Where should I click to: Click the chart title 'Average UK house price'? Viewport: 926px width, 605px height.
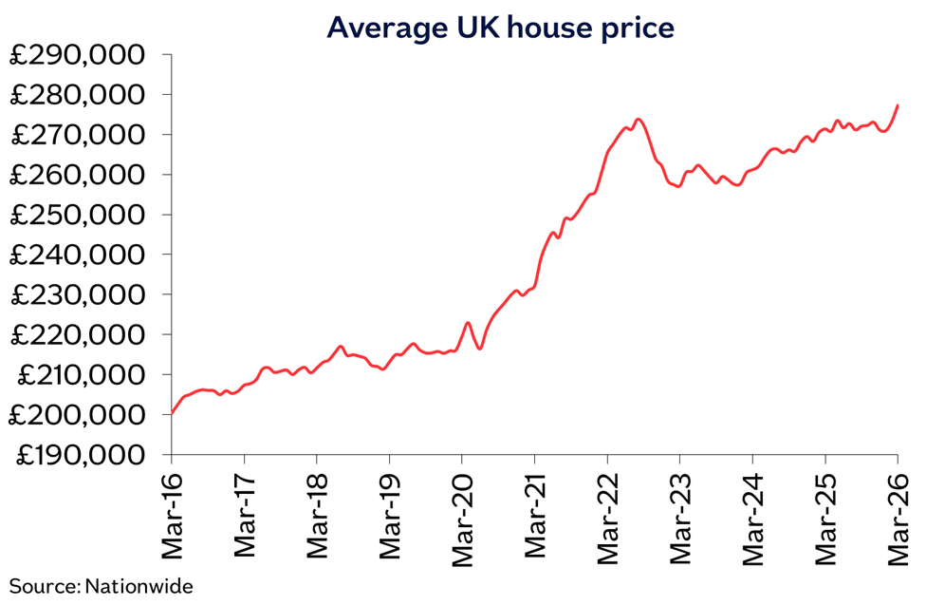[x=500, y=28]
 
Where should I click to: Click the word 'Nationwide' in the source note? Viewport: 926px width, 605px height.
[x=139, y=586]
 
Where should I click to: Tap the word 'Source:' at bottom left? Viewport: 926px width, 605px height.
[x=45, y=586]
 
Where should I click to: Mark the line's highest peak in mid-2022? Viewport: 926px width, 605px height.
[x=639, y=120]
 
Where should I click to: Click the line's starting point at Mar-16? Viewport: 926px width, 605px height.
[x=172, y=413]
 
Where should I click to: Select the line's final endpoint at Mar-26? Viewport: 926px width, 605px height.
[x=898, y=105]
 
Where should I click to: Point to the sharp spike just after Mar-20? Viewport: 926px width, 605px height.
[x=468, y=323]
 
